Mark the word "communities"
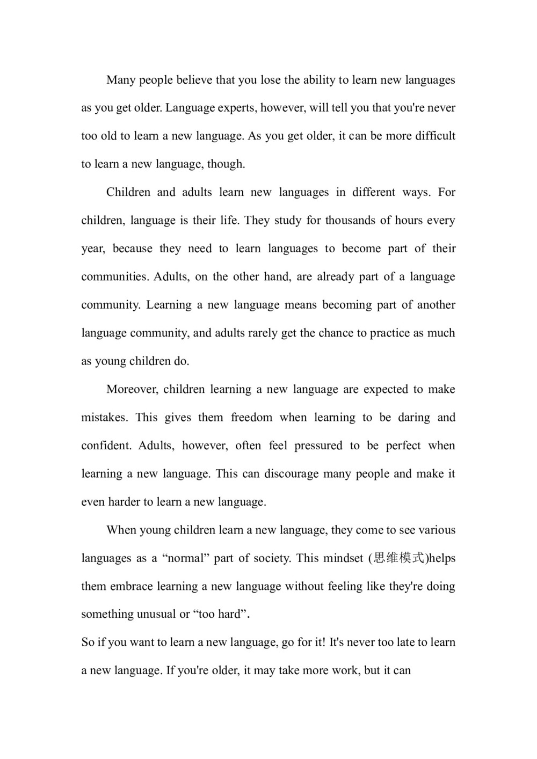click(114, 277)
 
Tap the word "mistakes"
click(104, 418)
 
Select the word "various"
click(437, 530)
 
